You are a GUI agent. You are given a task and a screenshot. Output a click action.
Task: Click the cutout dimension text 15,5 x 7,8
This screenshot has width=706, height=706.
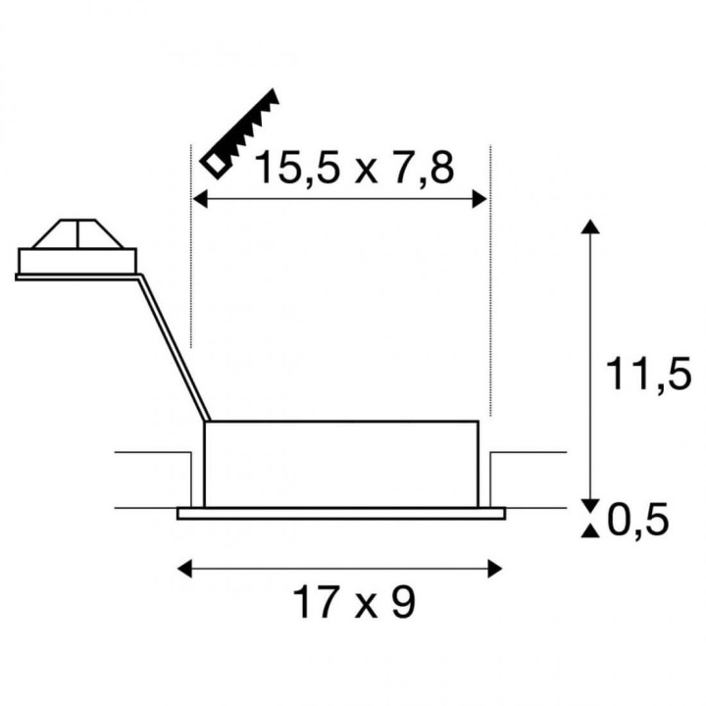click(x=354, y=168)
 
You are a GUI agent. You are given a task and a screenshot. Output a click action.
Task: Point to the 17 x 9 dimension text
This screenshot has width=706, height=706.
click(x=353, y=603)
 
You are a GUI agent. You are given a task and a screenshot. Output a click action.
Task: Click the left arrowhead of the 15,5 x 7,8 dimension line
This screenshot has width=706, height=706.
click(x=200, y=198)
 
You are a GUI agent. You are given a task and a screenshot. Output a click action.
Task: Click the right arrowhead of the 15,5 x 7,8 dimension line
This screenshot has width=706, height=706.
click(x=479, y=198)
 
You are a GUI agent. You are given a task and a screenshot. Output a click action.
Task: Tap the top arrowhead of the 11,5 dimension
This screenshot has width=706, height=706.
click(x=590, y=227)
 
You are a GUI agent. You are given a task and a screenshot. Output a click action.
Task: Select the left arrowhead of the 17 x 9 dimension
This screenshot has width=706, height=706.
click(x=184, y=569)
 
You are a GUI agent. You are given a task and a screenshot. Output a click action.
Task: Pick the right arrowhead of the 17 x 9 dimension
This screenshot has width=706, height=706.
click(x=495, y=569)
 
